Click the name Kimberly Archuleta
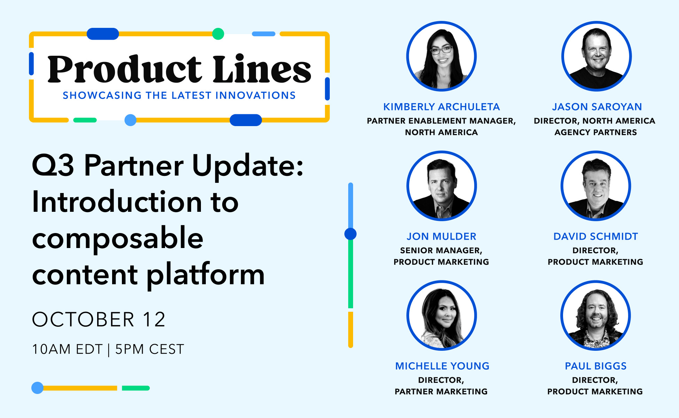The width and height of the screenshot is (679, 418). (441, 107)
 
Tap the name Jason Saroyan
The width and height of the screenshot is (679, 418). (597, 107)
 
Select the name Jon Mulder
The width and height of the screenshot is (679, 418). (441, 236)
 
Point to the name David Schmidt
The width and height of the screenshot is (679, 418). (595, 236)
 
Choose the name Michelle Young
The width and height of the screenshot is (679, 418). (442, 366)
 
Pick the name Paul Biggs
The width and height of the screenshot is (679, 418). (595, 366)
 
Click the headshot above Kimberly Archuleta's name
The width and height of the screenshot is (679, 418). (441, 56)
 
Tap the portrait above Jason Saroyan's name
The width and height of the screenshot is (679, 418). (596, 56)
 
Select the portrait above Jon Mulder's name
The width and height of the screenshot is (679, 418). (442, 186)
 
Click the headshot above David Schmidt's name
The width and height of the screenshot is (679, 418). (596, 186)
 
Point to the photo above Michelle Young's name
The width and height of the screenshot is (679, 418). (442, 315)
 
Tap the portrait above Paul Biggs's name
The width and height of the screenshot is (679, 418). (595, 315)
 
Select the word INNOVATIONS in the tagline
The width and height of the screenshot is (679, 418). (256, 95)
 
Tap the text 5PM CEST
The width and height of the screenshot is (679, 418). (150, 349)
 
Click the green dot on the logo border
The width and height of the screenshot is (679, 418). (218, 34)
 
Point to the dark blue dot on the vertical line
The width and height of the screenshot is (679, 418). (350, 234)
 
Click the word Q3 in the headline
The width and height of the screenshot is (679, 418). (53, 166)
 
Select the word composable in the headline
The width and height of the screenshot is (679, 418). (118, 240)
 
